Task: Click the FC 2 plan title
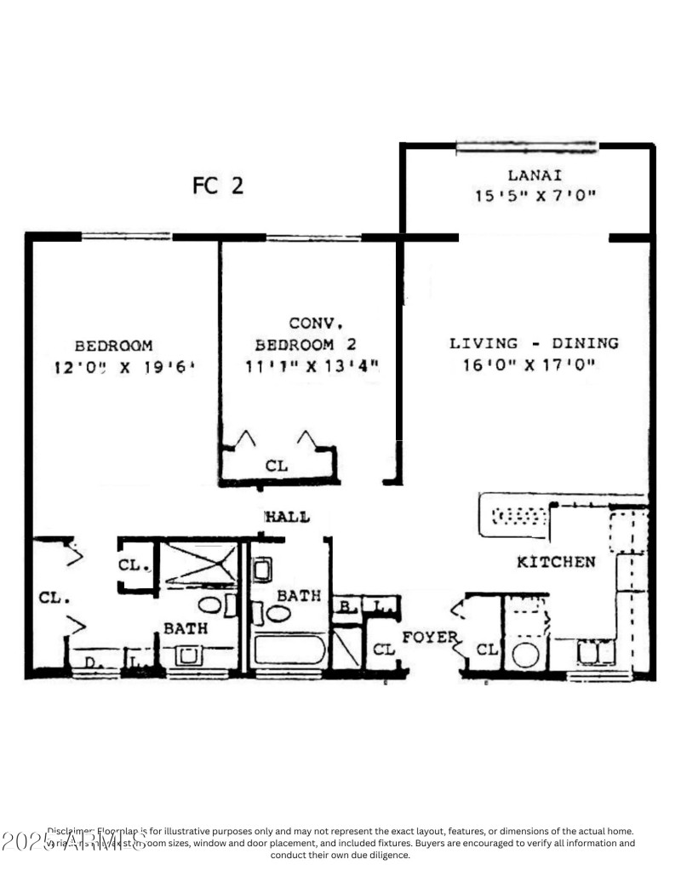point(218,186)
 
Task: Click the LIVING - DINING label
point(534,344)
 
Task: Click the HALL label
point(287,518)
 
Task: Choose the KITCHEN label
point(556,563)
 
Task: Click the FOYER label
point(431,637)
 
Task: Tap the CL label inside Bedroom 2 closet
point(277,467)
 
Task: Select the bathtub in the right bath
point(289,651)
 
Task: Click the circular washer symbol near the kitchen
point(526,655)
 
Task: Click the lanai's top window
point(526,147)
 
